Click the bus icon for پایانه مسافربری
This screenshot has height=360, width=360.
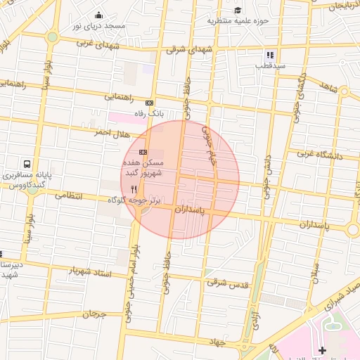click(x=27, y=163)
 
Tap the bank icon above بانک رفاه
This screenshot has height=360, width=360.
click(x=149, y=103)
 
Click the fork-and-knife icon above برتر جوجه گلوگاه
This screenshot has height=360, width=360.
click(x=134, y=188)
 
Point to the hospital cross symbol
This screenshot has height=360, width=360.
click(x=322, y=349)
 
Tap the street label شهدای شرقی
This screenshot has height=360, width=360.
click(x=190, y=50)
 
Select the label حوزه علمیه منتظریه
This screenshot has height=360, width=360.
click(x=238, y=20)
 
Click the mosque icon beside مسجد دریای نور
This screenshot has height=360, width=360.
click(x=98, y=15)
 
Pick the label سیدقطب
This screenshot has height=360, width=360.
click(x=269, y=65)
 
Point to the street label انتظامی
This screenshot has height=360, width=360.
click(x=68, y=195)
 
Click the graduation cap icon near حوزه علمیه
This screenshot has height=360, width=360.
click(x=238, y=10)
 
